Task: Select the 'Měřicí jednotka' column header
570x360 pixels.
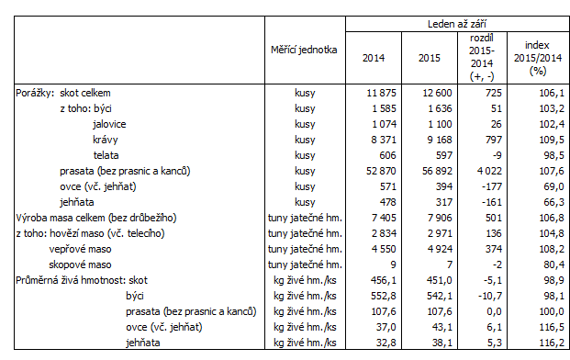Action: [x=305, y=50]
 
